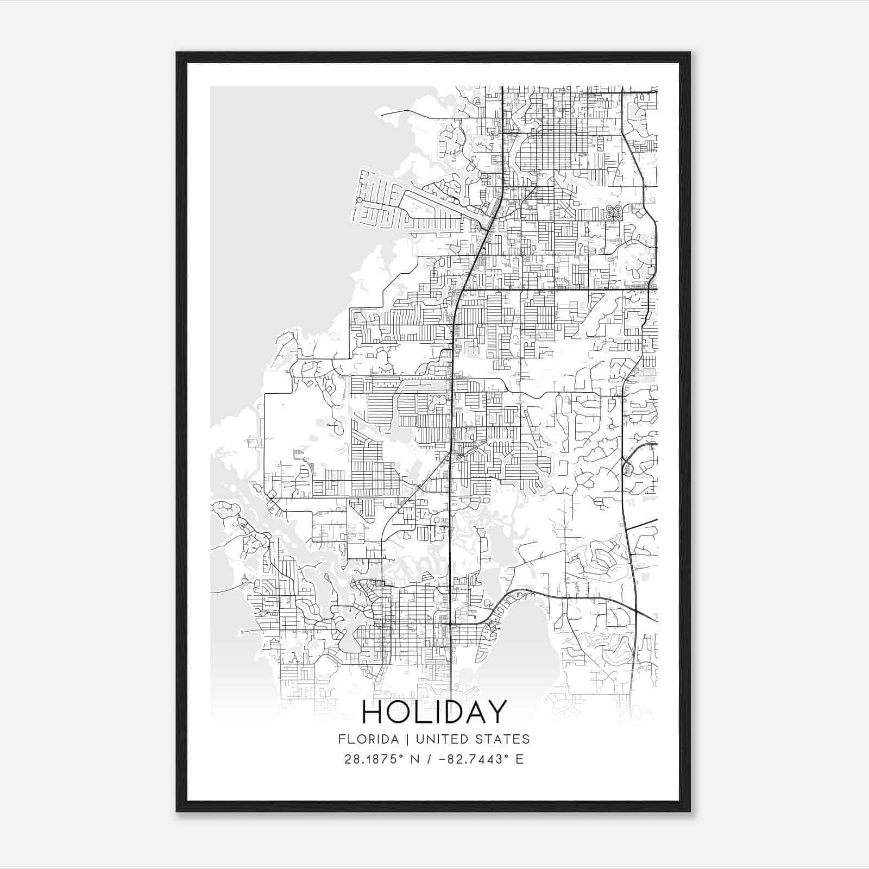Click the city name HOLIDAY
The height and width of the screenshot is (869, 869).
[x=434, y=713]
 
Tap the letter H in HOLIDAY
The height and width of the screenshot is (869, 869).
[x=373, y=713]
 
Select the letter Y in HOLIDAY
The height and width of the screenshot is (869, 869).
[x=496, y=713]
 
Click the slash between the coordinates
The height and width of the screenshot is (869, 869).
[x=430, y=759]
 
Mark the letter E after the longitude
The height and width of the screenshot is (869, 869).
[x=520, y=759]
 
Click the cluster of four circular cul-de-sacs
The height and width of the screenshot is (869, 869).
[x=614, y=212]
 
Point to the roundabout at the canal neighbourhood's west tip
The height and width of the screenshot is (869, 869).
[x=360, y=200]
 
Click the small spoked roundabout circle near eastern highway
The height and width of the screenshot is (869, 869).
[x=612, y=426]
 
